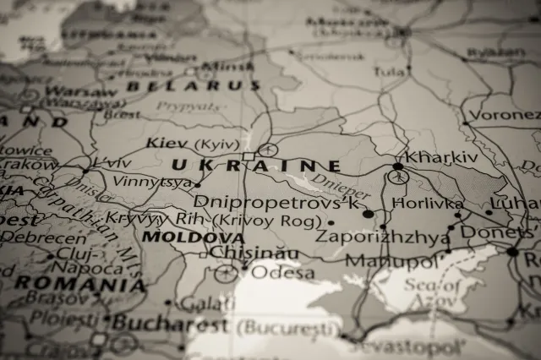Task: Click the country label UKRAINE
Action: coord(255,166)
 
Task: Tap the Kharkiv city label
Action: coord(441,157)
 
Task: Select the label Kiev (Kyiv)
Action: coord(194,143)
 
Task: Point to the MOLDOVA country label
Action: coord(193,237)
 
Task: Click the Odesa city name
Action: coord(283,273)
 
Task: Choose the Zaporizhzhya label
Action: coord(382,237)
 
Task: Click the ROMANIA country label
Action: coord(79,283)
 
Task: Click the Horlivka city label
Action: coord(427,204)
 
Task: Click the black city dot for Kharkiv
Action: coord(398,166)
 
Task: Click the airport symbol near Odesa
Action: coord(225,273)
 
